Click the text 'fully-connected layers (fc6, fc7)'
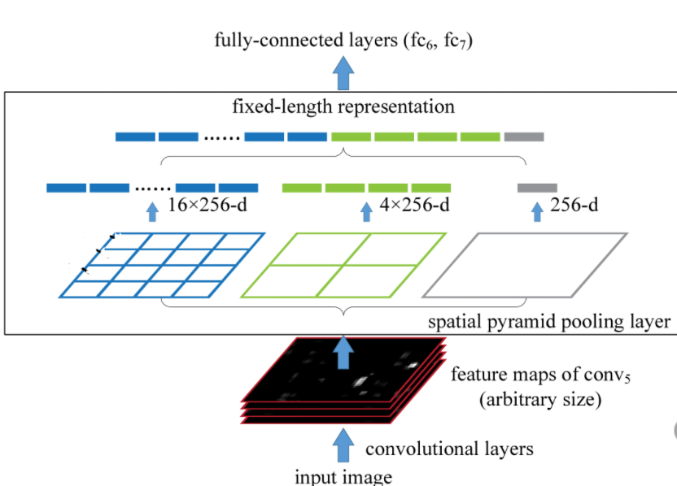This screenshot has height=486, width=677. point(343,41)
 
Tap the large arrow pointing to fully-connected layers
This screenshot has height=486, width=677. point(344,74)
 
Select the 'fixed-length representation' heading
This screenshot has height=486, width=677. point(343,106)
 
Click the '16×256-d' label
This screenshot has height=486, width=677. point(207,206)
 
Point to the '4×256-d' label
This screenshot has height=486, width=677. point(416,206)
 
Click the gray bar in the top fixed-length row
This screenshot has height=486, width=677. point(523,137)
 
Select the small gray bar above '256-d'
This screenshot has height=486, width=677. point(537,188)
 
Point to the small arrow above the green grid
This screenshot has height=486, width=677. point(365,212)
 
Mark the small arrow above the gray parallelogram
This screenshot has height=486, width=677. point(536,212)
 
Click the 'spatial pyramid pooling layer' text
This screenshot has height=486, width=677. point(549,322)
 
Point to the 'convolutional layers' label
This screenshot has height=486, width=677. point(449,449)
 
